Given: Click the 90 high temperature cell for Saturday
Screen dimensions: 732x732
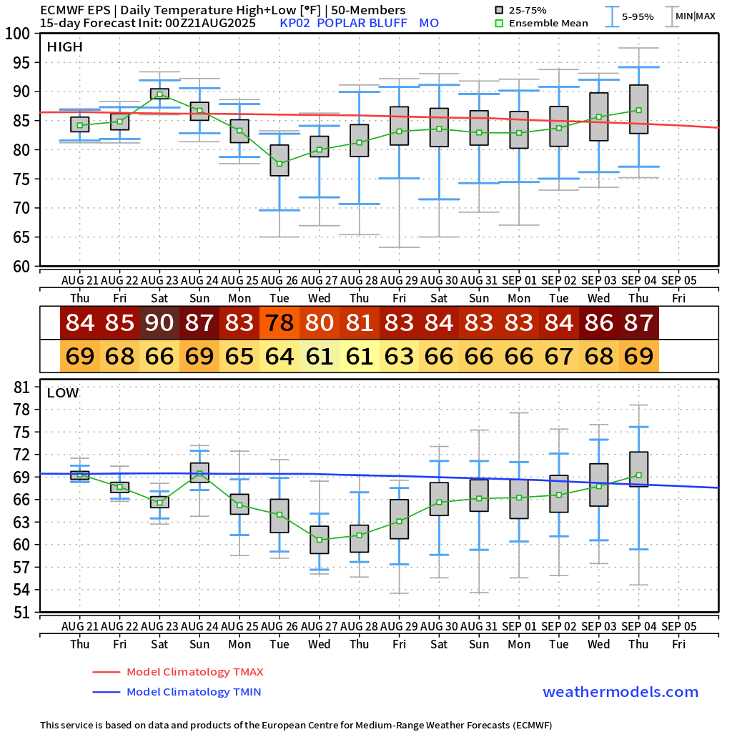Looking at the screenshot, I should (159, 322).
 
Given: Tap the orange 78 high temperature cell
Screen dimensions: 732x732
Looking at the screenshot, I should (280, 322).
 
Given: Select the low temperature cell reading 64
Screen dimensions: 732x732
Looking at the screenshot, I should (280, 355).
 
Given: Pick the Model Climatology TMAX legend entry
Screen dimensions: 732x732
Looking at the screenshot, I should (194, 672).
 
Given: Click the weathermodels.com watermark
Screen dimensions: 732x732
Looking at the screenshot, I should (620, 692).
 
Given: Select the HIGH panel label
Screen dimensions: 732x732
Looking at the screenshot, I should (65, 47).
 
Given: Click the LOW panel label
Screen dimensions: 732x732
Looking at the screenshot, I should (63, 392).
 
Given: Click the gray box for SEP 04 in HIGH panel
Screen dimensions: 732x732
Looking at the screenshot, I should (639, 109).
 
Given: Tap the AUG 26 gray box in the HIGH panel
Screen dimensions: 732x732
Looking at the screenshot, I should (280, 160).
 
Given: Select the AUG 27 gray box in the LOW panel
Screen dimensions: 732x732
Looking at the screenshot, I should (320, 540).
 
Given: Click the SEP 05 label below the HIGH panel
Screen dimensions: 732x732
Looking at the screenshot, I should (679, 280).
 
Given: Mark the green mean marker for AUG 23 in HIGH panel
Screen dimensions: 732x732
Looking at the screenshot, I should (159, 94).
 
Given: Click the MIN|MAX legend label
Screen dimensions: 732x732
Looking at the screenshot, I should (695, 16).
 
